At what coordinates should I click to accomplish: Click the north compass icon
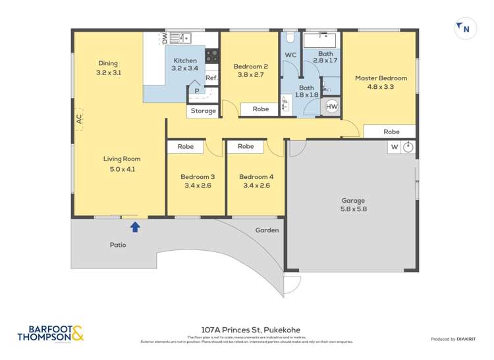pyautogui.click(x=464, y=28)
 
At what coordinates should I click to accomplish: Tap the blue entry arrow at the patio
pyautogui.click(x=135, y=227)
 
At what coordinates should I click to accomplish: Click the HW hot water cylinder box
pyautogui.click(x=332, y=107)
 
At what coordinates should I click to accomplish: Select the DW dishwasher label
pyautogui.click(x=164, y=38)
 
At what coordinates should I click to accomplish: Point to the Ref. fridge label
pyautogui.click(x=211, y=78)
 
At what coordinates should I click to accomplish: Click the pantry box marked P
pyautogui.click(x=196, y=91)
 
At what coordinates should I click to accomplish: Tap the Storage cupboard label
pyautogui.click(x=203, y=111)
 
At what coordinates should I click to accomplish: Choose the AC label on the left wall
pyautogui.click(x=78, y=119)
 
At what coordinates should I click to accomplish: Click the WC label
pyautogui.click(x=290, y=55)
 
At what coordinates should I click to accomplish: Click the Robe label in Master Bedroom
pyautogui.click(x=391, y=132)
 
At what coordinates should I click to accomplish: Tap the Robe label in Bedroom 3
pyautogui.click(x=186, y=147)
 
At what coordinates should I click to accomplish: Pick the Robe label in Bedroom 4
pyautogui.click(x=246, y=146)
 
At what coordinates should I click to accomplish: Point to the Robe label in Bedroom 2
pyautogui.click(x=261, y=109)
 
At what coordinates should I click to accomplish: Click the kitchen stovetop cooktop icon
pyautogui.click(x=212, y=57)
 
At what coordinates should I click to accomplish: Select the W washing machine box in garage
pyautogui.click(x=395, y=147)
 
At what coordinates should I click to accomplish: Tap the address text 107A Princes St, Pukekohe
pyautogui.click(x=246, y=330)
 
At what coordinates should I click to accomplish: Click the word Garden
pyautogui.click(x=267, y=230)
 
